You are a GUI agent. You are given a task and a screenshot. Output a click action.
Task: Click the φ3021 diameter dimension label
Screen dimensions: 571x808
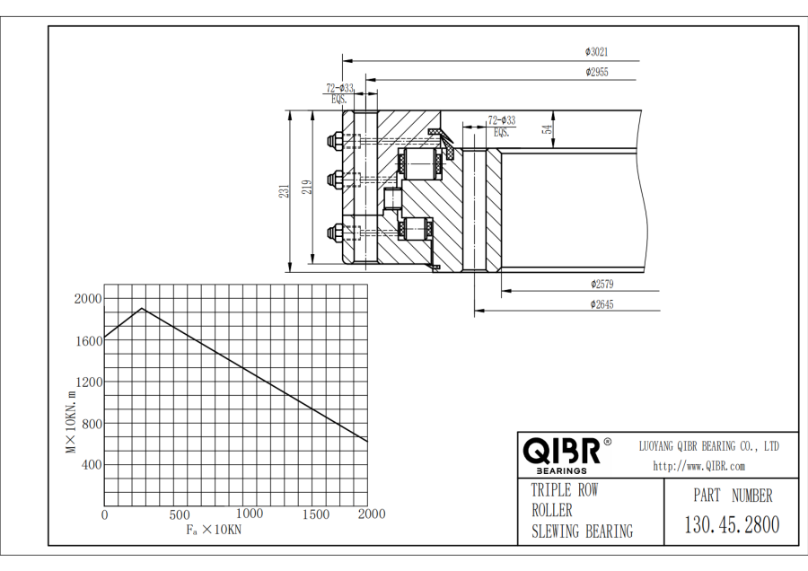click(x=597, y=52)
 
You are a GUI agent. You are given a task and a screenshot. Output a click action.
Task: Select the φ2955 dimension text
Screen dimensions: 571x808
click(x=597, y=72)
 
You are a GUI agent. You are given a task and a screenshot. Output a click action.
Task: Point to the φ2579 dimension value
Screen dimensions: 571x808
click(x=602, y=285)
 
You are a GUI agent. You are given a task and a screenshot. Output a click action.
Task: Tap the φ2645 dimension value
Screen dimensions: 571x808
click(x=602, y=304)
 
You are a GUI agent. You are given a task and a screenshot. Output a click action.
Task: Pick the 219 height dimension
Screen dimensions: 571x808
click(x=306, y=187)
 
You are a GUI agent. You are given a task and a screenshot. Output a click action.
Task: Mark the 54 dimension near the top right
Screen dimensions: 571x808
click(x=547, y=129)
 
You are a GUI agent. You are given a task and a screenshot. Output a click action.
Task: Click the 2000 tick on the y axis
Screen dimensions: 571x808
click(x=88, y=299)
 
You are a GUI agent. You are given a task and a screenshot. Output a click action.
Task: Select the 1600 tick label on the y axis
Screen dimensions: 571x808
click(x=88, y=340)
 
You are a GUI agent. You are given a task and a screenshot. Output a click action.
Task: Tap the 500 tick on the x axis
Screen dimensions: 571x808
click(x=179, y=514)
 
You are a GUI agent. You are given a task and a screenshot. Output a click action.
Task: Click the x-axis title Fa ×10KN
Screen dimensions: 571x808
click(x=214, y=530)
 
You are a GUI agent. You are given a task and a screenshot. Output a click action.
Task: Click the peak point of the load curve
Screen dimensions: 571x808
click(x=141, y=309)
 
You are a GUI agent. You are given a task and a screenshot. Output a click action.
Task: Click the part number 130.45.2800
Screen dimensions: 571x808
click(x=732, y=525)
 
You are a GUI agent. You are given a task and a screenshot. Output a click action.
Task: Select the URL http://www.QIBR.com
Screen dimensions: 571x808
click(x=699, y=466)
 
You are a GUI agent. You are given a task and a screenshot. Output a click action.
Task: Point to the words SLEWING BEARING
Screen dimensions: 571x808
click(x=582, y=531)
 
